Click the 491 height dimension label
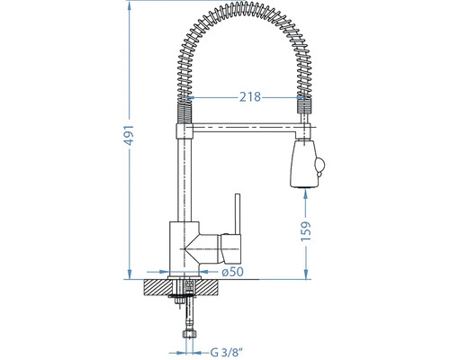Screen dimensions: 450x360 130,135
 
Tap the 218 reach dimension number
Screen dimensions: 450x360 250,97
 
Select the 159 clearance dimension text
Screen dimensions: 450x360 306,231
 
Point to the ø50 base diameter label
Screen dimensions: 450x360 232,272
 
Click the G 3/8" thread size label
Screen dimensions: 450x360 226,352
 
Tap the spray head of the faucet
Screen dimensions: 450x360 304,164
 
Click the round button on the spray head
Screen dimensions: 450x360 319,165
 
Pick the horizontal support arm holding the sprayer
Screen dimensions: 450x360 245,129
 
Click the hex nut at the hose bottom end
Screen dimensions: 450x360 188,334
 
